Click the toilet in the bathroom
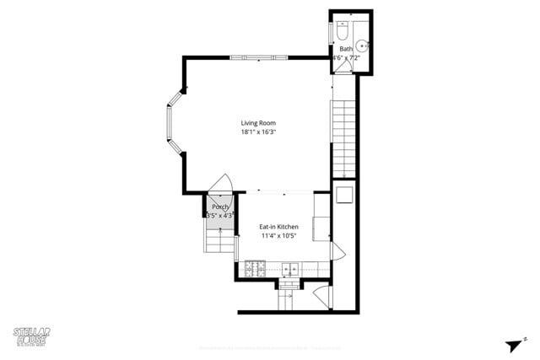tap(343, 31)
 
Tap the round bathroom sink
tap(361, 46)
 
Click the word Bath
tap(346, 49)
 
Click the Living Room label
tap(258, 123)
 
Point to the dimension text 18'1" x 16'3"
tap(258, 132)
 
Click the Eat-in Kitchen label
tap(278, 227)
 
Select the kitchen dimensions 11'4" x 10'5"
tap(278, 236)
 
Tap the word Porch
tap(220, 207)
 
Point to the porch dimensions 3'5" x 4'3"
tap(219, 216)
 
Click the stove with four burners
tap(254, 270)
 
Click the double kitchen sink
tap(289, 270)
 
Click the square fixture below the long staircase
tap(343, 195)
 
